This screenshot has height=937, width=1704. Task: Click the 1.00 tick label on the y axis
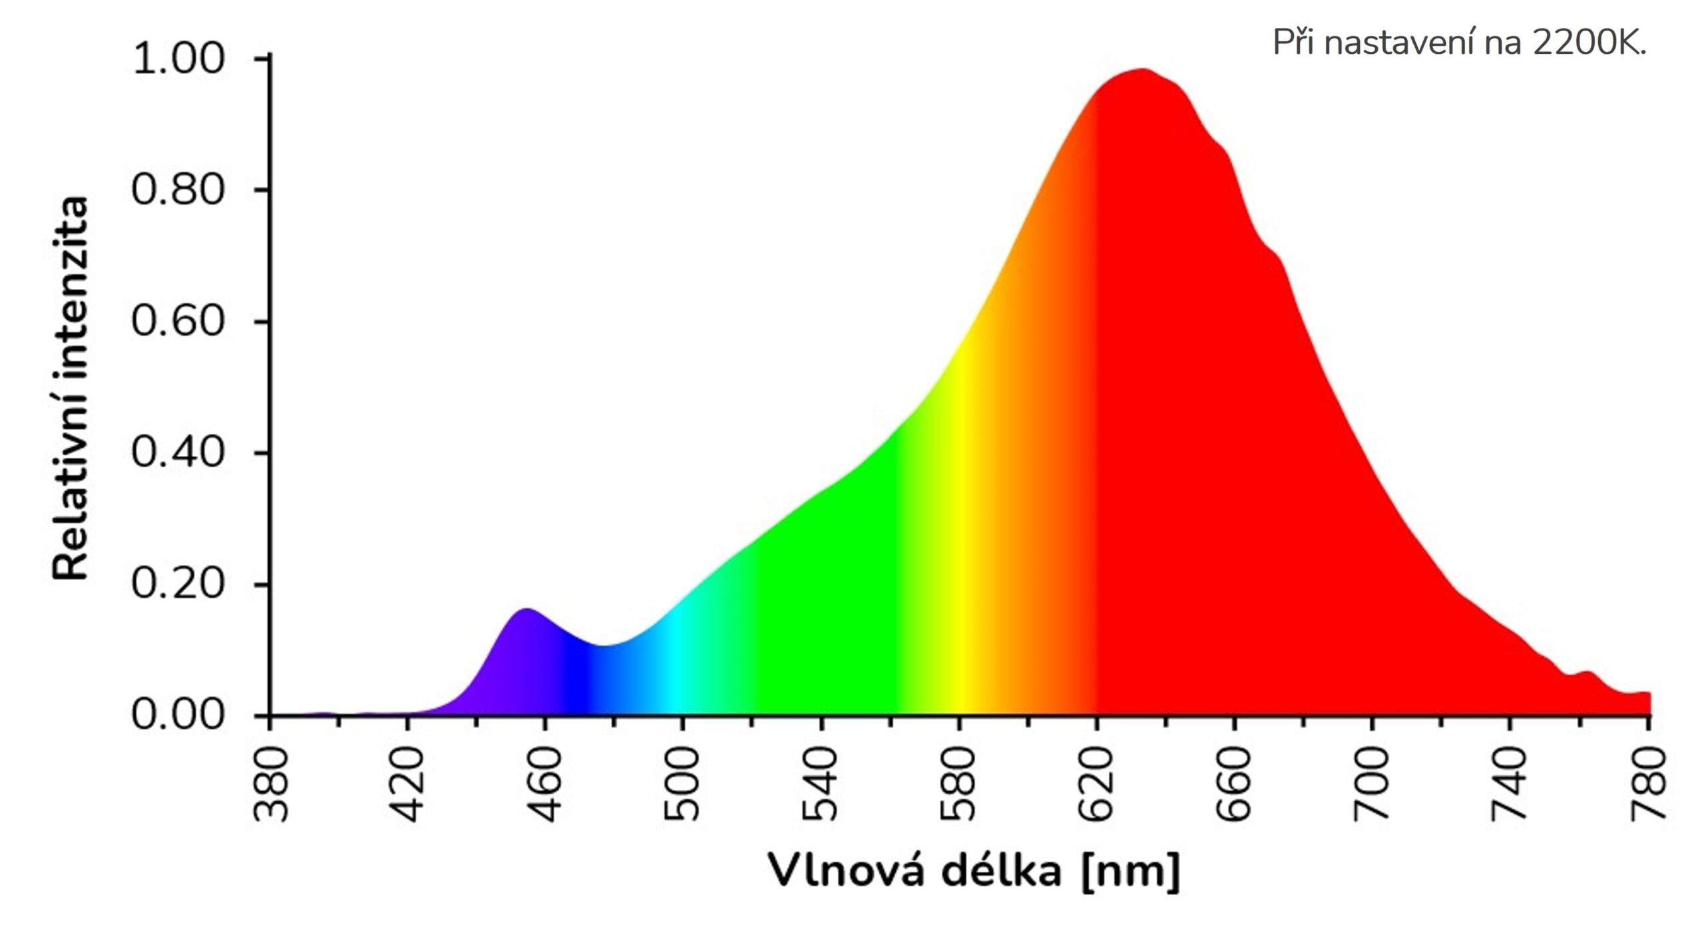[178, 59]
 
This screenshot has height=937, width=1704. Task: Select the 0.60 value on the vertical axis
[178, 321]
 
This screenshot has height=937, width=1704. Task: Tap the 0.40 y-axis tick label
[178, 453]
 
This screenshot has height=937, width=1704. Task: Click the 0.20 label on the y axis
[178, 584]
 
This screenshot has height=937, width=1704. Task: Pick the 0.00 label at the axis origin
[178, 715]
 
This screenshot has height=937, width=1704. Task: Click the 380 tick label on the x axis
[272, 784]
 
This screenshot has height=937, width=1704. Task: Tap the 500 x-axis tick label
[683, 784]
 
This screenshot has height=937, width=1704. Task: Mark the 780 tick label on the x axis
[1648, 784]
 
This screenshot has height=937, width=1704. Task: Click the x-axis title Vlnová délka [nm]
[974, 870]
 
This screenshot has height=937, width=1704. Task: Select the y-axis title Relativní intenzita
[71, 390]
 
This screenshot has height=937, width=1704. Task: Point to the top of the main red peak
[1142, 70]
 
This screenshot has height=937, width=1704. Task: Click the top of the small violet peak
[527, 610]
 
